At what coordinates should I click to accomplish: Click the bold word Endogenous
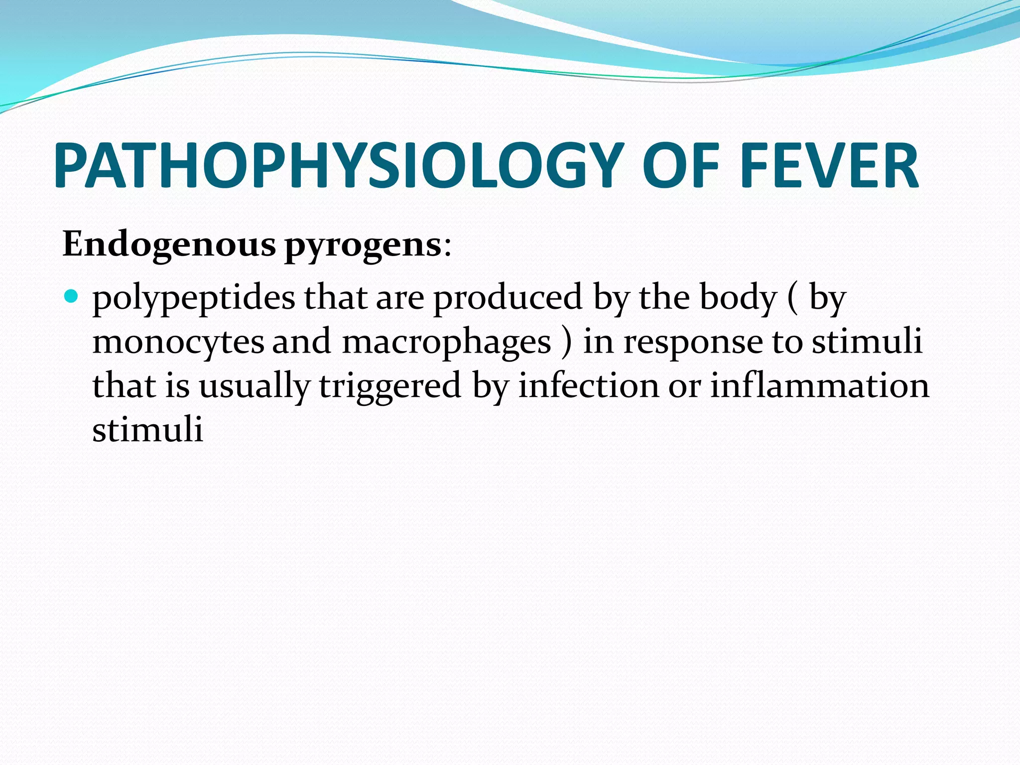169,245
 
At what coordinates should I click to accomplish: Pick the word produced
508,298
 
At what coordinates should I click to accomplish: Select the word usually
255,387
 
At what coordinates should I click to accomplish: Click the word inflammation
819,386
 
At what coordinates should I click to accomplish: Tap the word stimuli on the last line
147,430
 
